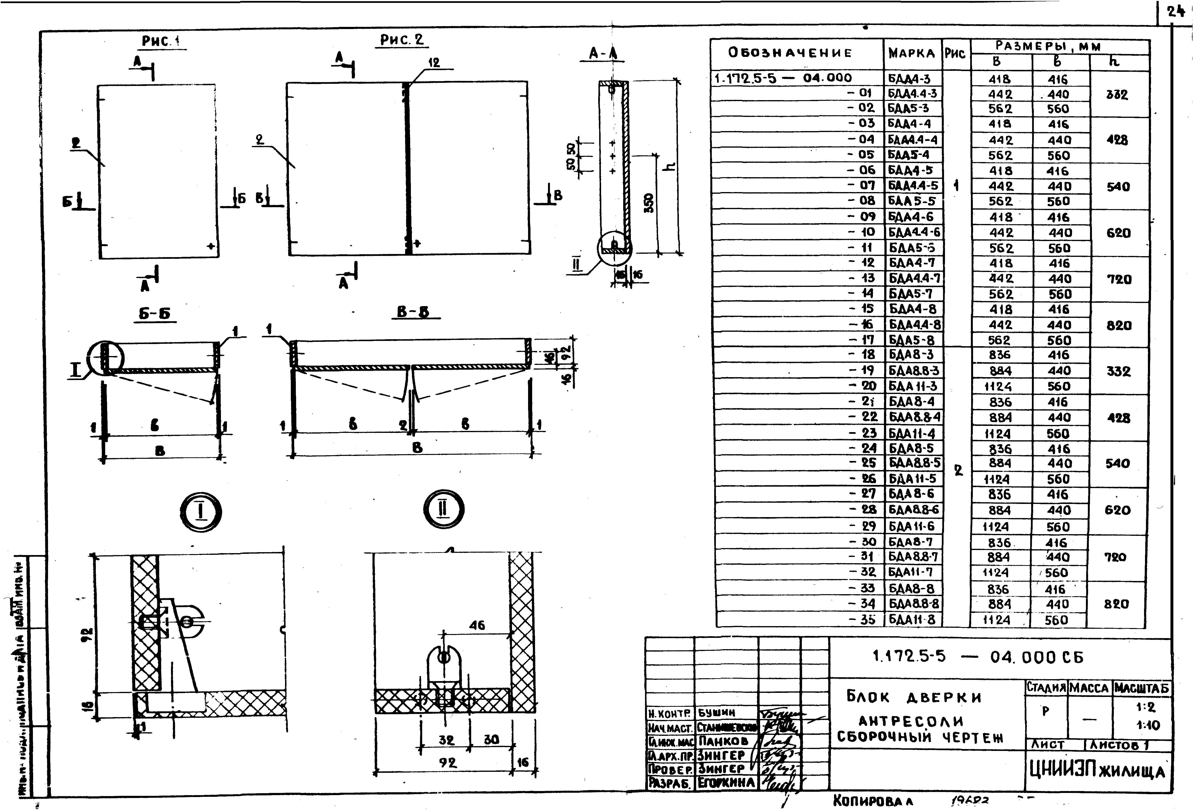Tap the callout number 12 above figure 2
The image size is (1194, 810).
(x=434, y=63)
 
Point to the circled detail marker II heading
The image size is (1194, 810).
(x=443, y=509)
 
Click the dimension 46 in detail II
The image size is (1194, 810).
(x=477, y=625)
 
